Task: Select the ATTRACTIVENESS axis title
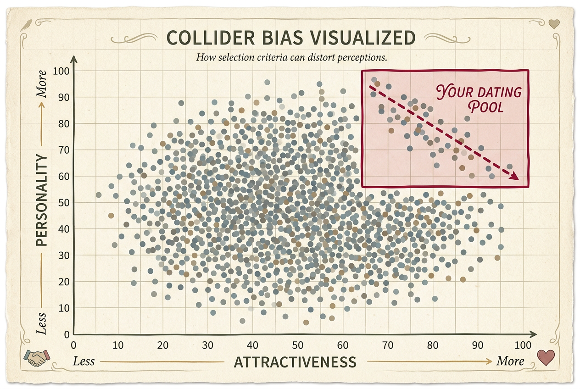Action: click(x=295, y=362)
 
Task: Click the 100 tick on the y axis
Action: click(x=61, y=71)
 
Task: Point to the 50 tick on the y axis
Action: click(x=63, y=203)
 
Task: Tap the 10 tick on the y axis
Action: click(x=63, y=308)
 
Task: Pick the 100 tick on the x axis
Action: click(x=523, y=345)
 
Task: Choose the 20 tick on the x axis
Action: click(x=163, y=345)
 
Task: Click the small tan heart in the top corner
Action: click(x=554, y=24)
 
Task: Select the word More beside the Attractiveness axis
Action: click(x=510, y=361)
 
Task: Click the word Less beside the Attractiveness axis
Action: click(x=84, y=361)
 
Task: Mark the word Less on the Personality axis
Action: click(x=42, y=323)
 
